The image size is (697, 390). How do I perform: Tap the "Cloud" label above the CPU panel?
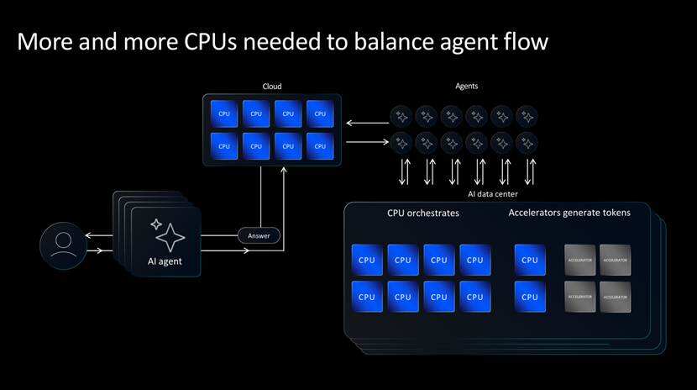point(271,86)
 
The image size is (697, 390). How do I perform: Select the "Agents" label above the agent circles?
point(466,86)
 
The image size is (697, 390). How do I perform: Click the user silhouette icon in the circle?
point(63,245)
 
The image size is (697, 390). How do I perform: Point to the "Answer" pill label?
point(259,235)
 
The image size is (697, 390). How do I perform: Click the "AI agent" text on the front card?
point(165,261)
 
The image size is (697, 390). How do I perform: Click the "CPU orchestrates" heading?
point(423,213)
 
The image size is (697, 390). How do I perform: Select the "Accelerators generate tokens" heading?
point(569,213)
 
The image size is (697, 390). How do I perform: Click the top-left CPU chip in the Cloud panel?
point(224,113)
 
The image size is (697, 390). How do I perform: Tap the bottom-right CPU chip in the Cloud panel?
point(319,145)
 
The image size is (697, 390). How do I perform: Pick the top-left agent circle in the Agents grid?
point(401,116)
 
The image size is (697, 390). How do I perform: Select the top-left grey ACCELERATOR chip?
point(580,261)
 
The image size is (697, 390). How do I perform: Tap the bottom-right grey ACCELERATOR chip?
point(616,296)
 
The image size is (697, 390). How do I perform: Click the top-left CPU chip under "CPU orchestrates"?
point(367,261)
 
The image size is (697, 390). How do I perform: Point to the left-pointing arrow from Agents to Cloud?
point(366,124)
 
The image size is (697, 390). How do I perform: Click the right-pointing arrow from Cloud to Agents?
point(366,141)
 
